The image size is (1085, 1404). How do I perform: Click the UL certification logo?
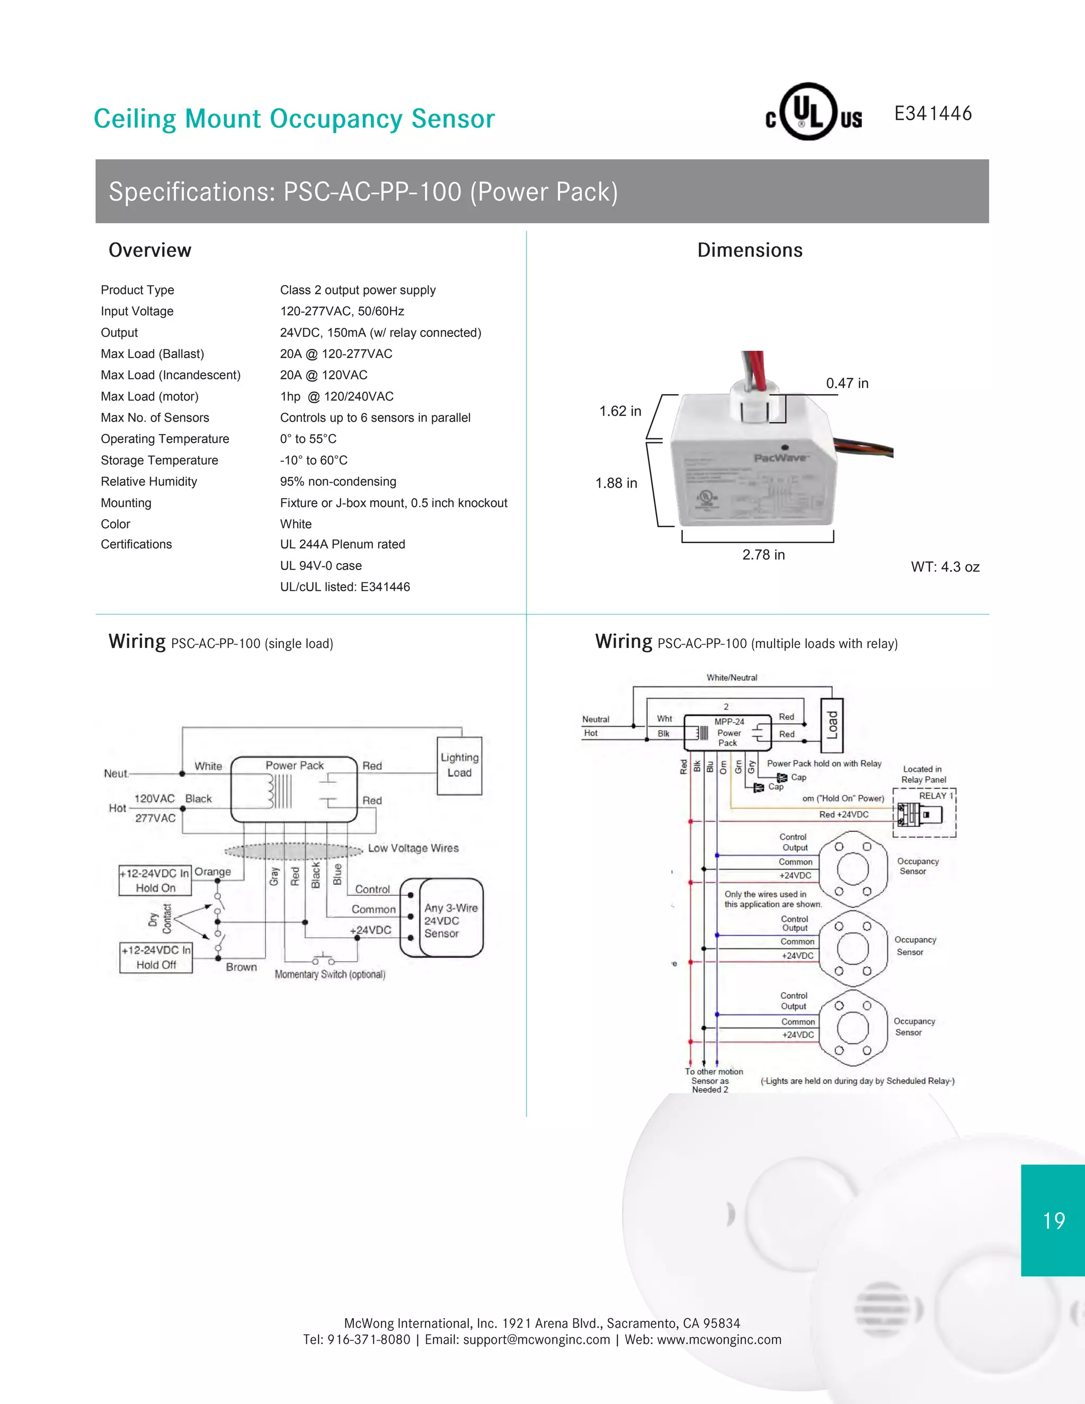coord(813,112)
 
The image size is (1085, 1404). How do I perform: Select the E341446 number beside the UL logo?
coord(932,114)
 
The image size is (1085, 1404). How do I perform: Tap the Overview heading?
coord(150,250)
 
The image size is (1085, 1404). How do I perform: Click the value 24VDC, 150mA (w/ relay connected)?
coord(380,332)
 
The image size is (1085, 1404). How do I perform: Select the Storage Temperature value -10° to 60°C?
coord(314,460)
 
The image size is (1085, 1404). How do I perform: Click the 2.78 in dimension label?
coord(763,555)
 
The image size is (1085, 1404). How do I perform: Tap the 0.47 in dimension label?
coord(847,383)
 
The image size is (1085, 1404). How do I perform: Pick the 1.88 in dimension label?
coord(616,483)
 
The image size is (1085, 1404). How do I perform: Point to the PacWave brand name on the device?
coord(781,458)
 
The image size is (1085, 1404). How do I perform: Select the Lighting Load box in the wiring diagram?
coord(459,766)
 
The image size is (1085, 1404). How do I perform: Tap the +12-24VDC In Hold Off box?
coord(156,957)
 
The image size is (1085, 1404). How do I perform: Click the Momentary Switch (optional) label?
coord(330,974)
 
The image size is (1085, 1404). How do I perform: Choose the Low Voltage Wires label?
coord(413,848)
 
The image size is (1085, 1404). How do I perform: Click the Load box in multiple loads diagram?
coord(832,725)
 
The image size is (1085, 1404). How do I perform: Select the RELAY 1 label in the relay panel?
coord(935,796)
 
